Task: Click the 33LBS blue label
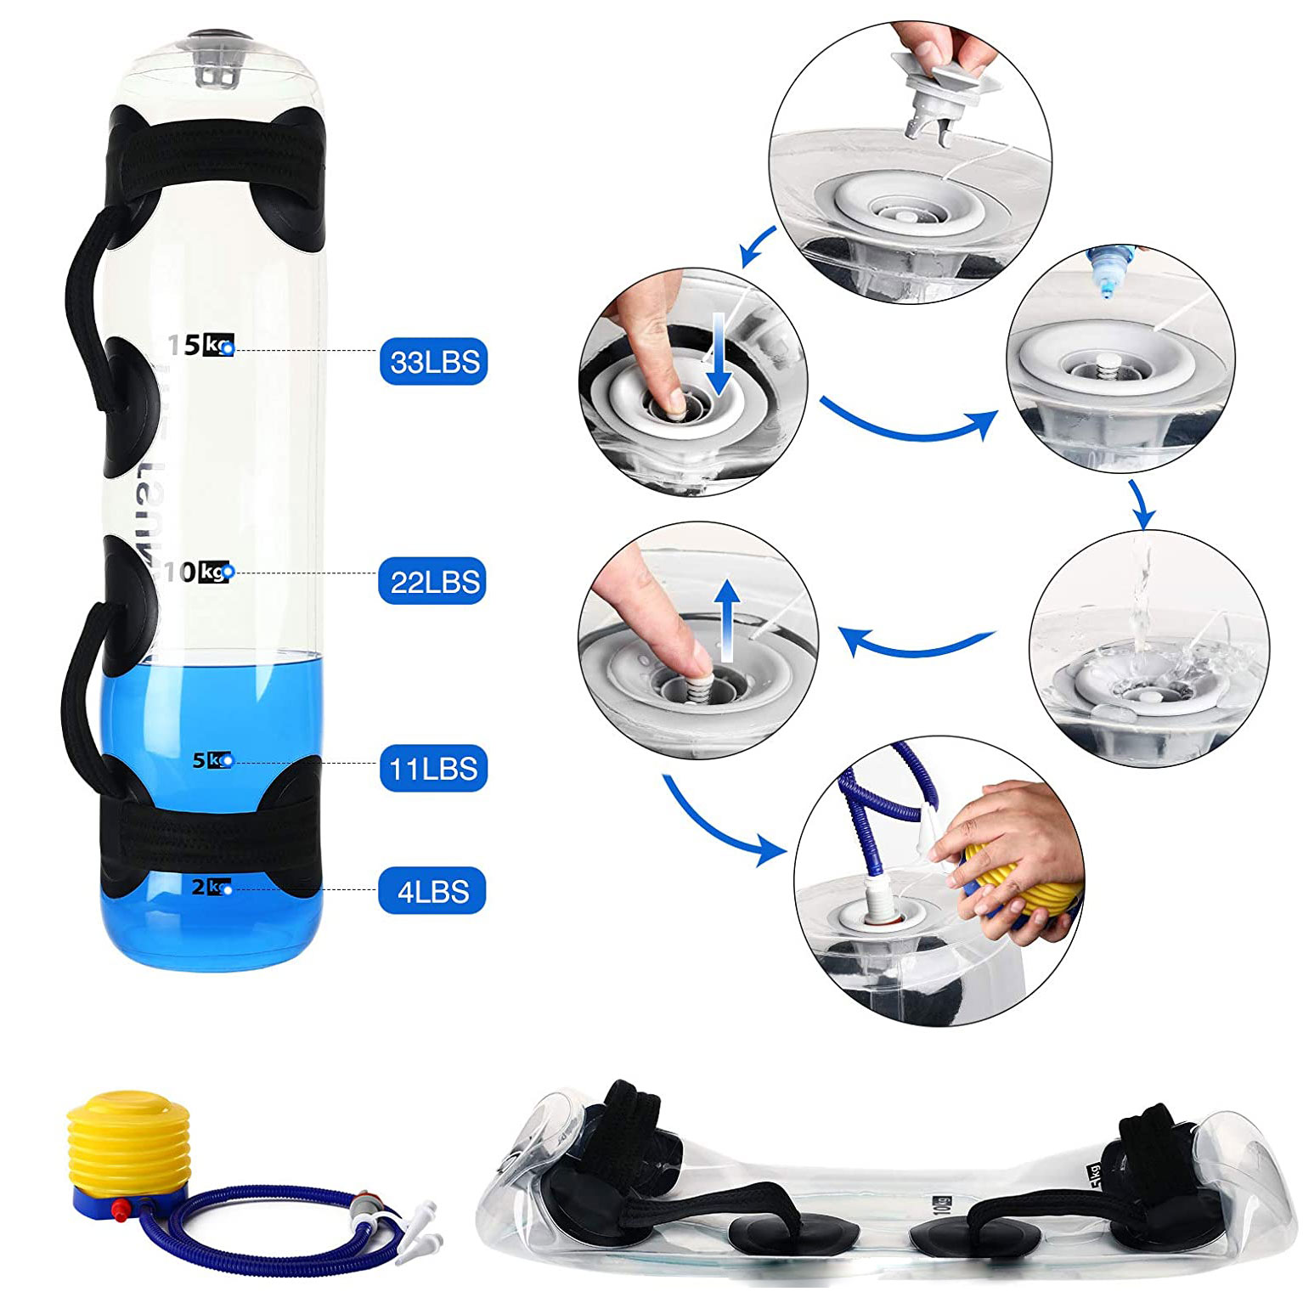pos(433,362)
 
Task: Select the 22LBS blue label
pos(433,582)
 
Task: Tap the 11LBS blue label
pos(433,769)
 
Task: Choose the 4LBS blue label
pos(433,891)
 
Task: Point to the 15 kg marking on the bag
pos(200,346)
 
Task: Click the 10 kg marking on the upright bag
pos(197,572)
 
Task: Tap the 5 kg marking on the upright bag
pos(212,760)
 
